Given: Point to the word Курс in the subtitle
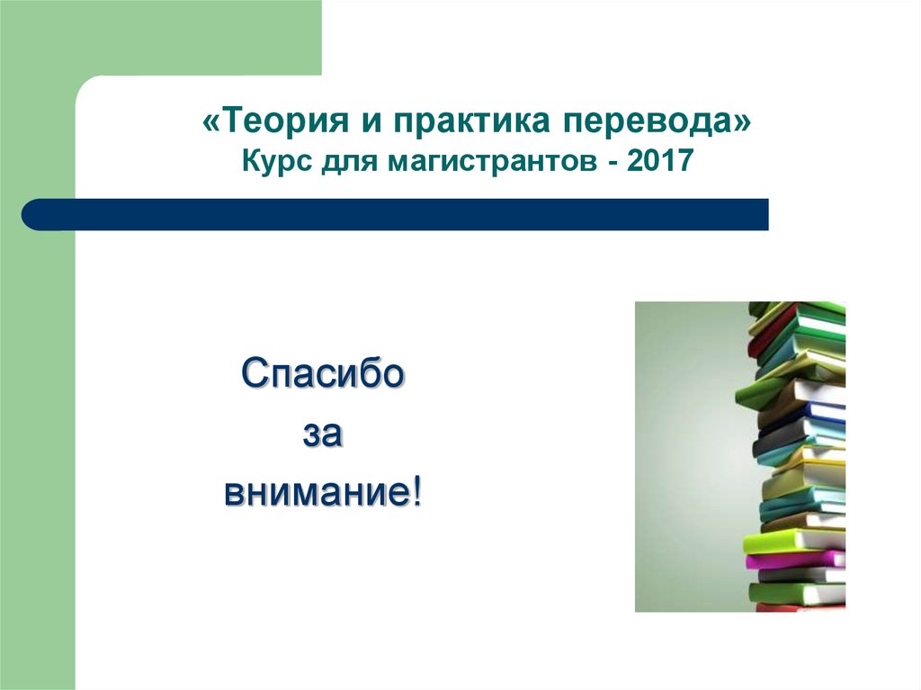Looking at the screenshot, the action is click(276, 161).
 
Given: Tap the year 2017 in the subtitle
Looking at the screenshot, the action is click(660, 160).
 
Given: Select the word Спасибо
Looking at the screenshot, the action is click(323, 372).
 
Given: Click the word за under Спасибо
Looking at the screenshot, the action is click(323, 435).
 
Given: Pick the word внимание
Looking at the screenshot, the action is click(317, 492).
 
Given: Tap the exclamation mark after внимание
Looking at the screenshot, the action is click(417, 491).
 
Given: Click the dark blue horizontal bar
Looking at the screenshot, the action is click(395, 214).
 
